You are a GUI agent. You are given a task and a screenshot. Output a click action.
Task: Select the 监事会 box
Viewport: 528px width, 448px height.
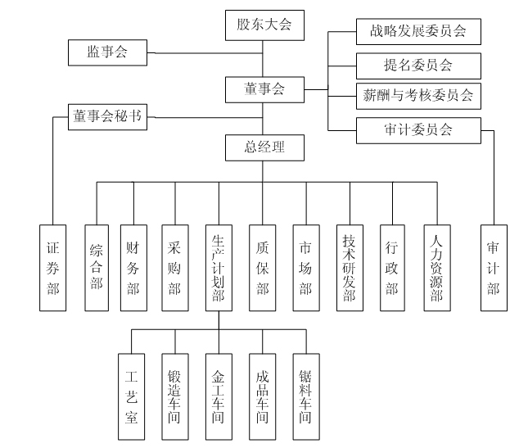[x=109, y=53]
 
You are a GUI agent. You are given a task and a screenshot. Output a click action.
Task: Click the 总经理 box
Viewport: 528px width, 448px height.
[x=263, y=147]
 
